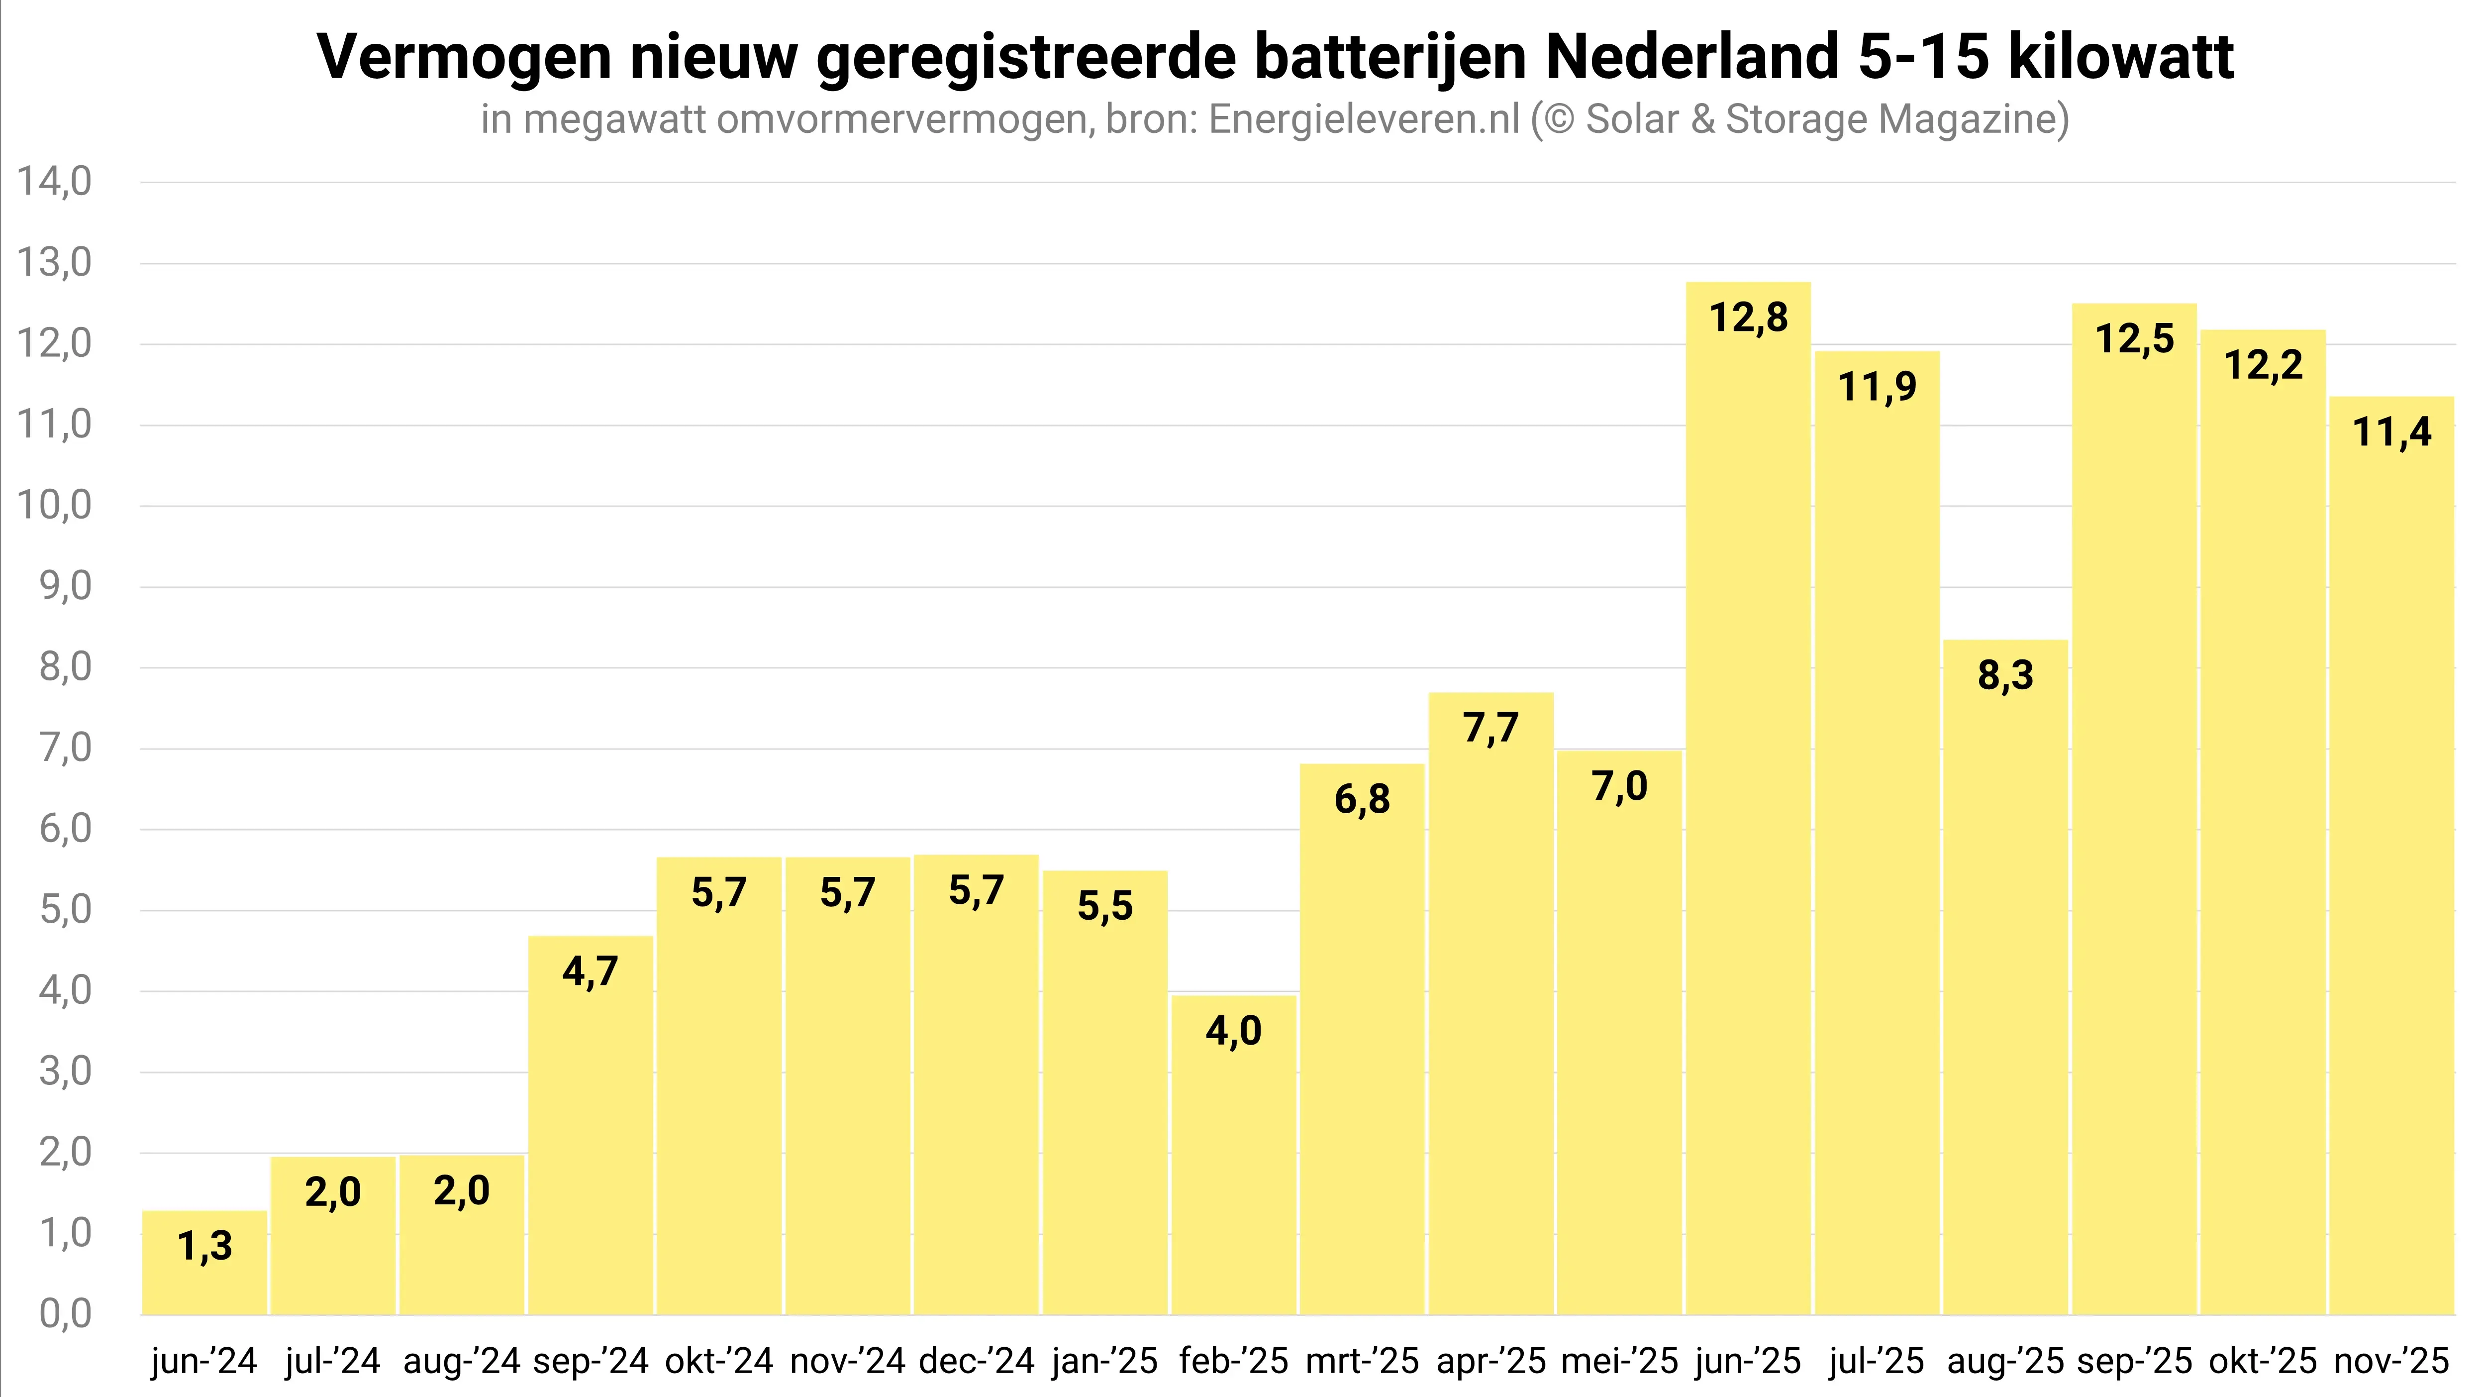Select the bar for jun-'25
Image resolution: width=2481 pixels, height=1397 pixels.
(1748, 800)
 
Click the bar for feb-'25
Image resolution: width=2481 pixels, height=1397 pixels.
(1234, 1156)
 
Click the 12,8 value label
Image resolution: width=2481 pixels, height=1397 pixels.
(1748, 318)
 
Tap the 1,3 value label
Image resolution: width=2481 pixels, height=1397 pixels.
(204, 1247)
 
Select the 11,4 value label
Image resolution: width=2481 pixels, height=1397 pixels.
(2391, 431)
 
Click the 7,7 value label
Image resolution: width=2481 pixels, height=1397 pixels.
(1491, 729)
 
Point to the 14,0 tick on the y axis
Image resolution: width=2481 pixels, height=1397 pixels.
(54, 181)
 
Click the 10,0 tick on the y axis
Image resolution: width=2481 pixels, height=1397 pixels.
(54, 505)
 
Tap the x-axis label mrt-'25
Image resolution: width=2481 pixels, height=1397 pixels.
(1362, 1361)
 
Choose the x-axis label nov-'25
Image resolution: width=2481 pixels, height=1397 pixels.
(2391, 1361)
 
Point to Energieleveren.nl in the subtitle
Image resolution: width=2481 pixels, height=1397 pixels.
(1363, 119)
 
